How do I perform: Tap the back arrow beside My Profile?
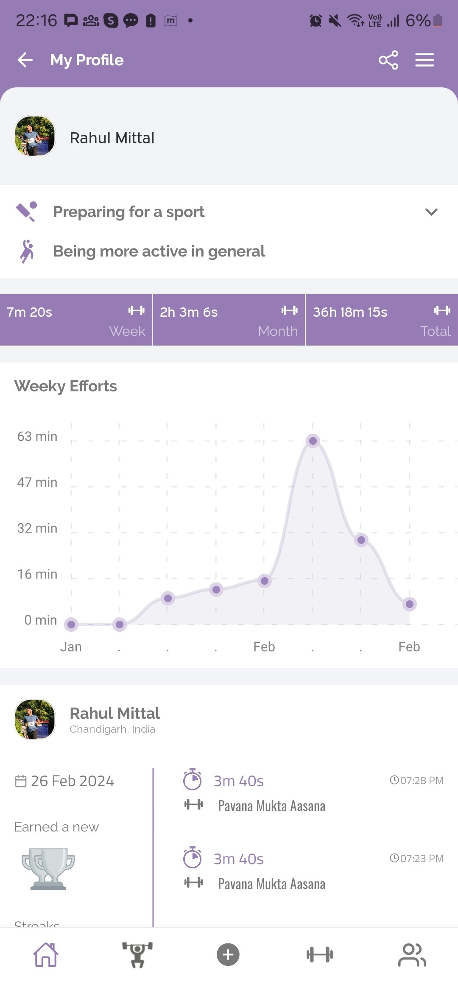[25, 60]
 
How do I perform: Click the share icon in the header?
[388, 60]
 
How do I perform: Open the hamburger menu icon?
[424, 60]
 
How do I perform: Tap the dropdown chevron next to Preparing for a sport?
[431, 212]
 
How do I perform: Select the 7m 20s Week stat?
[30, 312]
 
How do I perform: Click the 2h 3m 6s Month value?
[189, 312]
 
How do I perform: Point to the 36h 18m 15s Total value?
[350, 312]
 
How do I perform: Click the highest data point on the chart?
[313, 441]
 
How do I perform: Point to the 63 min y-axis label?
[37, 436]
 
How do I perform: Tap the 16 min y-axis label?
[37, 574]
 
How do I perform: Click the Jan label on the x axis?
[71, 647]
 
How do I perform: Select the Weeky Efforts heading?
[66, 386]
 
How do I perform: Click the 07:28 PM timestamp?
[417, 781]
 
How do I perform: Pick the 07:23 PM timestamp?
[417, 859]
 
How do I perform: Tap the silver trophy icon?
[48, 868]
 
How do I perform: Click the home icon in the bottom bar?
[46, 955]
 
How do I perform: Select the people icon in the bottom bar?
[412, 955]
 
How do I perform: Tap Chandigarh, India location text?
[112, 729]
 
